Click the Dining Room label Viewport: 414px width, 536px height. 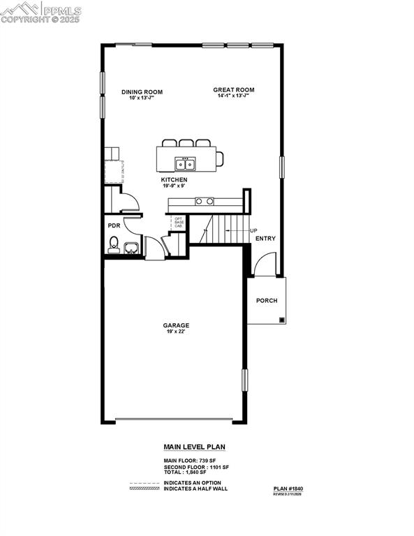click(142, 91)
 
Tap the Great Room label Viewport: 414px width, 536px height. click(233, 89)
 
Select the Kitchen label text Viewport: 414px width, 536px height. click(174, 180)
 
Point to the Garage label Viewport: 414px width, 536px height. click(176, 325)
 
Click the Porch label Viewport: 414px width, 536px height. click(267, 301)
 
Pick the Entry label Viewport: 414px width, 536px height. click(265, 239)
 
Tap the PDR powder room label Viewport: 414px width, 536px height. click(113, 225)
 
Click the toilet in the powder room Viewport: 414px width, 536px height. click(113, 244)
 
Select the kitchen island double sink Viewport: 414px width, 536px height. click(185, 164)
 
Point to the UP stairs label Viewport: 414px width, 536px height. click(253, 231)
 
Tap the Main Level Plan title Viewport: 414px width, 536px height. click(194, 447)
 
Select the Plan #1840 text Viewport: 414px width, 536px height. click(288, 489)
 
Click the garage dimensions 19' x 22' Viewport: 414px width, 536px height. click(176, 332)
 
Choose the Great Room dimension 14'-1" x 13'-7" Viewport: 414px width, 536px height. click(233, 96)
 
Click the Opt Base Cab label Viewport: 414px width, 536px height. click(179, 222)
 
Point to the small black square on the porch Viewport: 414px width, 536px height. click(281, 320)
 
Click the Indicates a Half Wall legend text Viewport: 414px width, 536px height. click(195, 489)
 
